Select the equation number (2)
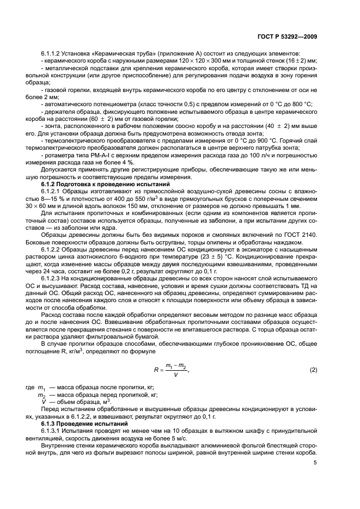(x=313, y=370)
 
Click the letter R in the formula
(x=157, y=371)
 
